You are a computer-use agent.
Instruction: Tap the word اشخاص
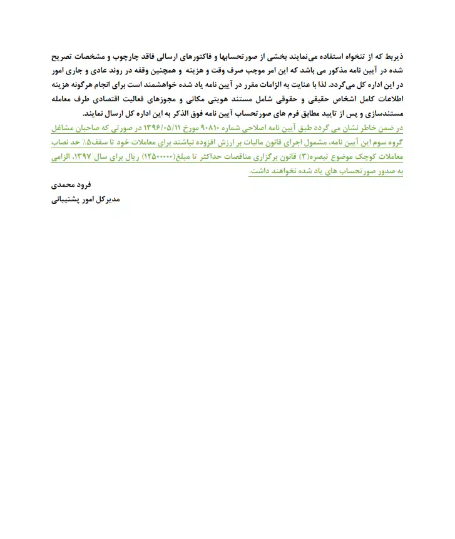(x=357, y=99)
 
